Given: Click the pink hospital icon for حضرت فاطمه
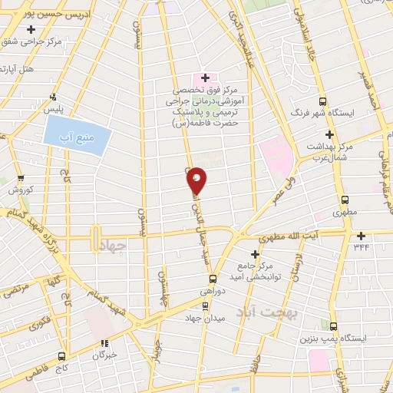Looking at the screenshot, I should [205, 78].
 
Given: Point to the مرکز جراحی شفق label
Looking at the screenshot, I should [31, 41].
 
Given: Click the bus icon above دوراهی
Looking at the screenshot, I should [213, 279].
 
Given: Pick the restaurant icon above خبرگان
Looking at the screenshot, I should [105, 343].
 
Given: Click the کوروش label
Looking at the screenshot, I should [18, 189].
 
